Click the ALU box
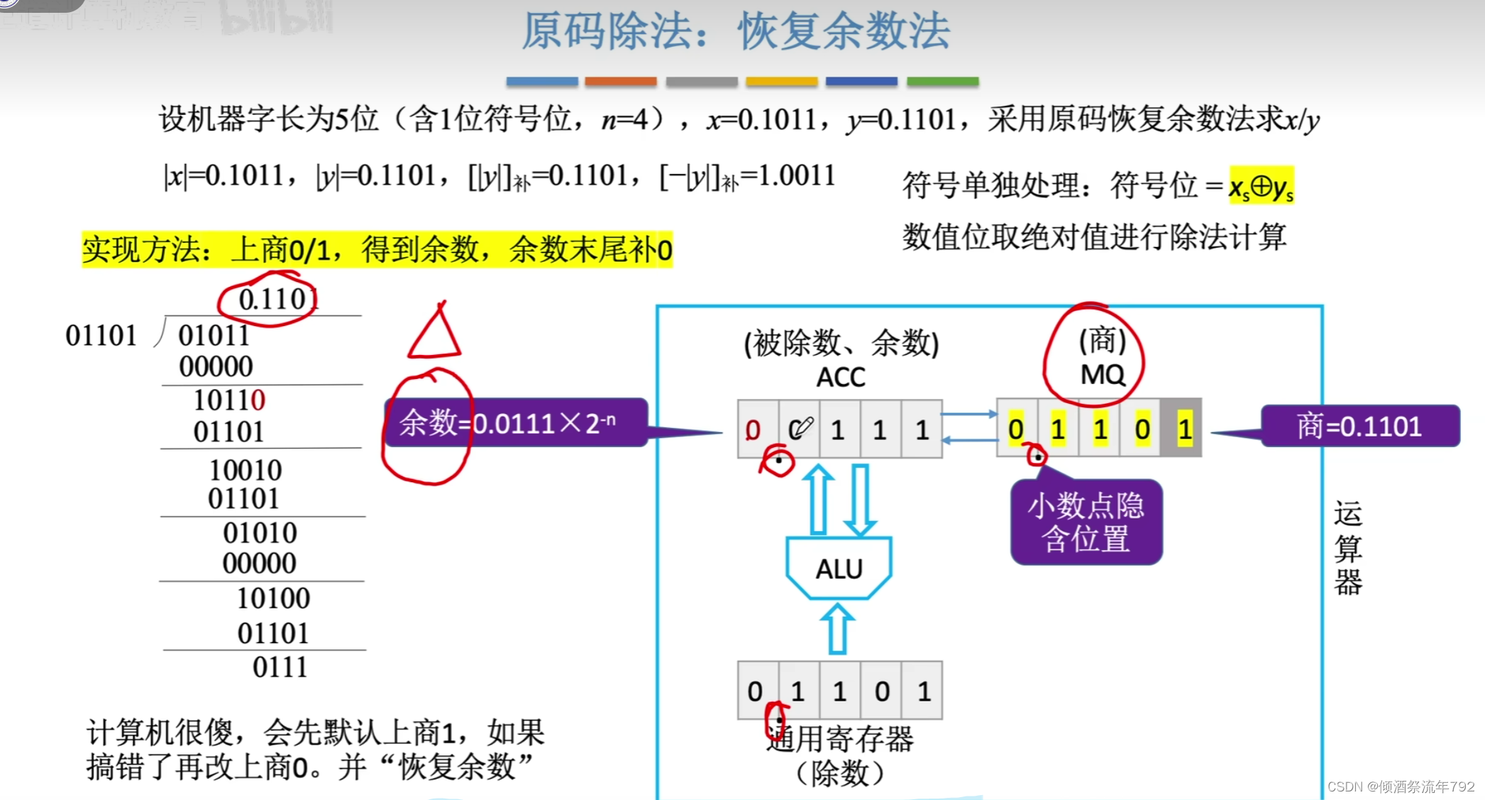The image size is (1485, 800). [x=839, y=568]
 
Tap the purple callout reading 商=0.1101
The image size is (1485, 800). [x=1359, y=426]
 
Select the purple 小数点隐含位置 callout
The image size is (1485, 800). [x=1086, y=522]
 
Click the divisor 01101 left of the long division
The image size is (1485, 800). [x=101, y=335]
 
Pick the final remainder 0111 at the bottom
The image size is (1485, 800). [x=280, y=667]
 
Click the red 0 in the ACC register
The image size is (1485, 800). [x=753, y=429]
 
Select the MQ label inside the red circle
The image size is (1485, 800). [x=1102, y=374]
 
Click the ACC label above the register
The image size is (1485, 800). [x=841, y=377]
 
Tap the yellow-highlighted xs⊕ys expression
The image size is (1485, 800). [x=1262, y=186]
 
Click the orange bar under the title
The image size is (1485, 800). [x=621, y=82]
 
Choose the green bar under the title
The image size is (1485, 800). [x=942, y=82]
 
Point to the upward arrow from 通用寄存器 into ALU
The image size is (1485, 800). [x=838, y=629]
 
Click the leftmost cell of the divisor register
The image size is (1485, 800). [x=756, y=691]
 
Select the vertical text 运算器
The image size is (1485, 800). [x=1347, y=548]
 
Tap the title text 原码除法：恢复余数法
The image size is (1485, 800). [x=736, y=31]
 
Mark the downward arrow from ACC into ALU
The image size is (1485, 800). [x=861, y=500]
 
